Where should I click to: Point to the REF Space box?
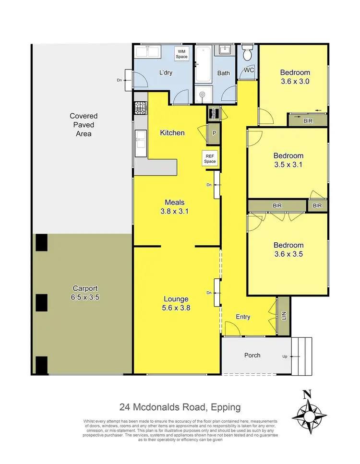[x=210, y=159]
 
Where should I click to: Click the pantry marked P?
[x=214, y=133]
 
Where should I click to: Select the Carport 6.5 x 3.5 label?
[x=85, y=293]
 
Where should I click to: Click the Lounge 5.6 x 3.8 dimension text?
[x=176, y=303]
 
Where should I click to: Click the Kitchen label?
[x=172, y=132]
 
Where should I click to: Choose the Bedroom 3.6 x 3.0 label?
[x=295, y=77]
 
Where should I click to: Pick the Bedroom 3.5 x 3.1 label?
[x=288, y=160]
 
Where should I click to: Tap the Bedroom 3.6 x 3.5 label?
[x=288, y=250]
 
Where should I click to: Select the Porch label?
[x=252, y=355]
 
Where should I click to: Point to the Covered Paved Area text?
[x=84, y=125]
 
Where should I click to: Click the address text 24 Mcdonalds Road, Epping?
[x=180, y=408]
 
